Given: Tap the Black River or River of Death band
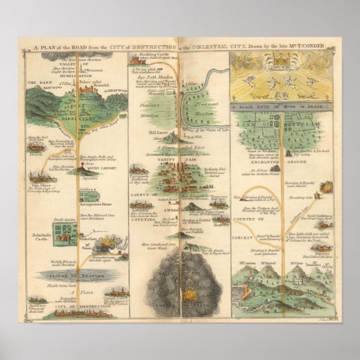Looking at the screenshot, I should click(x=282, y=105).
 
